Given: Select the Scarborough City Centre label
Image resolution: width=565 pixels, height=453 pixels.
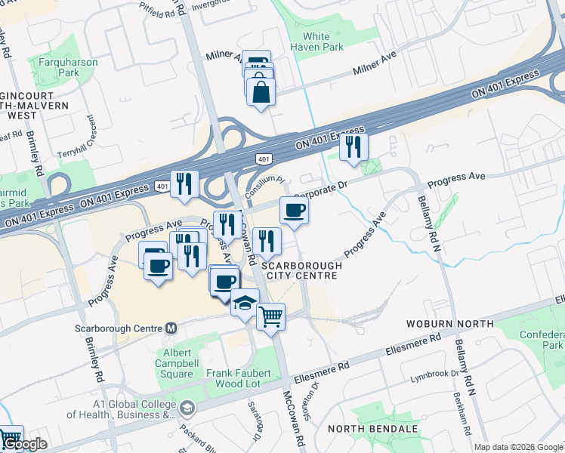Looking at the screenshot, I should pos(301,270).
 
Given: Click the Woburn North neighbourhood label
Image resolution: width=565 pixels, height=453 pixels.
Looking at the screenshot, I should pos(453,324).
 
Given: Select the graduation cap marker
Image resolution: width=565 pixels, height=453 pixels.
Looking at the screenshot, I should pos(244,304).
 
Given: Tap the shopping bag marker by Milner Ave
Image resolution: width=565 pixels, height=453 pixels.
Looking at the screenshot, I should pos(261,92).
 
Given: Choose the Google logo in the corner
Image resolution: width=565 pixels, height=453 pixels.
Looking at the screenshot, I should pos(24,445).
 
